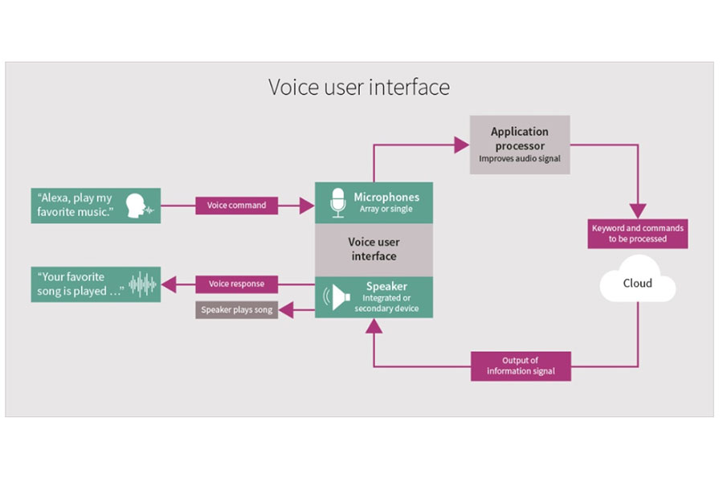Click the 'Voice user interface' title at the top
[x=358, y=87]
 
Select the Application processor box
[x=520, y=145]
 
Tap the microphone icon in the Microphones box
[x=338, y=203]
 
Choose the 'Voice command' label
[x=236, y=206]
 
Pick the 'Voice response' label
[x=236, y=284]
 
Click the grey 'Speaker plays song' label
[x=236, y=309]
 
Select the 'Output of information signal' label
[x=521, y=366]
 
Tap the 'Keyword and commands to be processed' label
[x=638, y=233]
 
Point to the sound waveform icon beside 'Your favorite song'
[x=143, y=284]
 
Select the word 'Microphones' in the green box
[x=386, y=197]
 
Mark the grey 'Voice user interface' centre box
[x=374, y=249]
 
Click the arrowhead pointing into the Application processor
[x=461, y=145]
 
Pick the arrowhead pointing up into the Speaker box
[x=374, y=325]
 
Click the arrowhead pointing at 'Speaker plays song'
[x=285, y=310]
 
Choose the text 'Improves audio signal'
[x=520, y=159]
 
